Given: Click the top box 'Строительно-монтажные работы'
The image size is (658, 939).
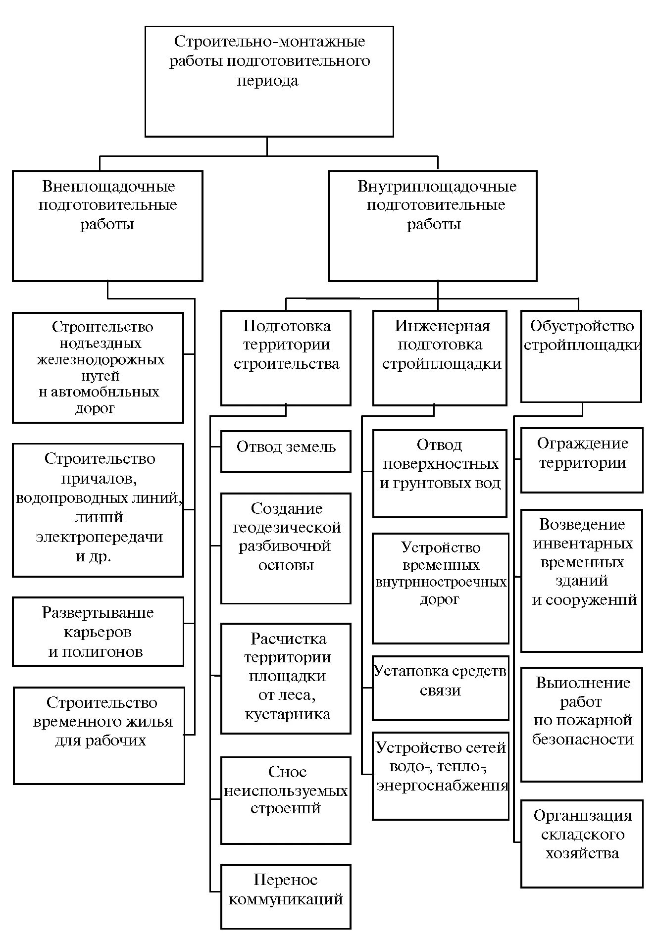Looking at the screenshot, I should pos(269,82).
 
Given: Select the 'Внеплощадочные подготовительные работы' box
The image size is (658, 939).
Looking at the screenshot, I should pos(107,226).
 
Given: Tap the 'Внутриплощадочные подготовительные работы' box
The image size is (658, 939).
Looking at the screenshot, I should pos(432,226).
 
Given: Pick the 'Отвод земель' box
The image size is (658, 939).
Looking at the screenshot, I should pos(286,451).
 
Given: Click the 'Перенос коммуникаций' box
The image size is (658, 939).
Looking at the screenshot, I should pos(286,896).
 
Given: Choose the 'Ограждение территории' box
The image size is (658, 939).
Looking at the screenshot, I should pos(582,460).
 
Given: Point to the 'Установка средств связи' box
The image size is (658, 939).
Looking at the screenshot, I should pos(440,688).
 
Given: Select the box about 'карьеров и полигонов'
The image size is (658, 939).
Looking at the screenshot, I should pos(98,631).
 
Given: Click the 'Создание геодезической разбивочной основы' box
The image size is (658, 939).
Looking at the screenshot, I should pos(286,548).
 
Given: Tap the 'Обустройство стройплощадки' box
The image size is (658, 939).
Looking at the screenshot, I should pos(581,356).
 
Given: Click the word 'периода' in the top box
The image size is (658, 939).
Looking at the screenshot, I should pos(267,81).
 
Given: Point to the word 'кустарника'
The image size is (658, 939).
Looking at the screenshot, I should pos(287,714).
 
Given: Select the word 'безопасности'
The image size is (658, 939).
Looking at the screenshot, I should pos(583,739).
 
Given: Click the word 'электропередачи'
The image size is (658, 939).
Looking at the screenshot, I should pos(99,537).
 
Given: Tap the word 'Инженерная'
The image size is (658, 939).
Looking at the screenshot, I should pos(442,326).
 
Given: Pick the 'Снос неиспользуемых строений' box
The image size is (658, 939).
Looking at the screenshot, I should pos(286,800).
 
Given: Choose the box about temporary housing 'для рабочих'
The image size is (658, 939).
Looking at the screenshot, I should pos(99,735).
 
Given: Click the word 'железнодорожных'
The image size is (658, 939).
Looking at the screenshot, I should pos(101,359).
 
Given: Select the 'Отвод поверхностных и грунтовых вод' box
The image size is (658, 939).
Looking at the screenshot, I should pos(440,473).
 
